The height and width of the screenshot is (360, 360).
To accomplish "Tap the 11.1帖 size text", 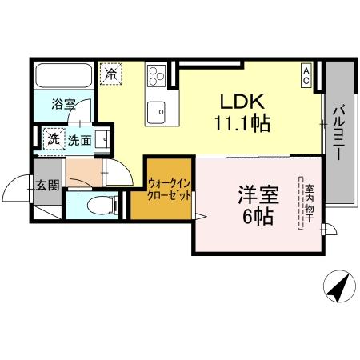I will [241, 124].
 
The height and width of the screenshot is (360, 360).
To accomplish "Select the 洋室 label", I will [255, 194].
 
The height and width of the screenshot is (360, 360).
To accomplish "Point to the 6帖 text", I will [255, 216].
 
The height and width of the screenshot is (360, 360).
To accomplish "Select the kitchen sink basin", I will [155, 110].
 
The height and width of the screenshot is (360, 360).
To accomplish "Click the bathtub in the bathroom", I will [63, 77].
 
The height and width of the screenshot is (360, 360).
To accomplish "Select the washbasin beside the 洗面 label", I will [102, 140].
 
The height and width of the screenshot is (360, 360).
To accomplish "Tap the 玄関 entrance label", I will [47, 186].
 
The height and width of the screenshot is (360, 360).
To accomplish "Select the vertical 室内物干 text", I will [308, 204].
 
